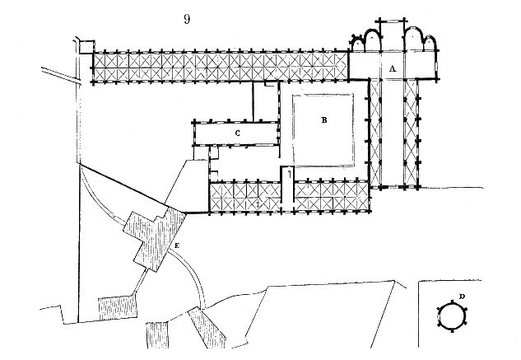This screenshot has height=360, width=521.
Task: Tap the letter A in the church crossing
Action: click(393, 70)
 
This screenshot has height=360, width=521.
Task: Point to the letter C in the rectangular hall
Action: click(237, 132)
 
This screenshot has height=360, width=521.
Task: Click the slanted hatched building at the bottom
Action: click(206, 334)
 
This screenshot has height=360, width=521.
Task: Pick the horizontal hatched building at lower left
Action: click(115, 306)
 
